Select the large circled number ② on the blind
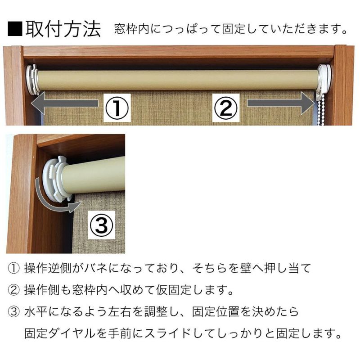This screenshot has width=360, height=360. (x=225, y=107)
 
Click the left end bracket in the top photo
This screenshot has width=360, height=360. (x=32, y=80)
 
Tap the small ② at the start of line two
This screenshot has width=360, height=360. (x=13, y=290)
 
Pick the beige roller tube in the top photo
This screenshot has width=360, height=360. (x=180, y=79)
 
